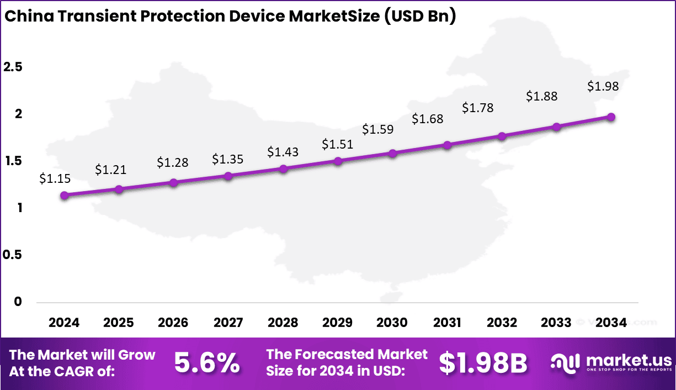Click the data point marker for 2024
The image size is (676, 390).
[65, 195]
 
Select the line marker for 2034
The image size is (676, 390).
[611, 117]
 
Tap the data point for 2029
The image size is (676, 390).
[338, 161]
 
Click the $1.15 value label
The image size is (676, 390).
[55, 178]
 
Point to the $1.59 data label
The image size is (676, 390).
[378, 129]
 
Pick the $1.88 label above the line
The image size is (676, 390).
[541, 96]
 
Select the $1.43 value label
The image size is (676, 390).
[283, 151]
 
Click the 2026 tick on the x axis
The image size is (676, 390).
[173, 323]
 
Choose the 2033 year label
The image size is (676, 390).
[556, 323]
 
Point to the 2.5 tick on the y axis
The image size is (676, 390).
[13, 67]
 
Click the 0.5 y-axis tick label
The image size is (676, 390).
[13, 255]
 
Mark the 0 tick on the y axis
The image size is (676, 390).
[18, 302]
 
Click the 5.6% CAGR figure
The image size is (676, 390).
[207, 363]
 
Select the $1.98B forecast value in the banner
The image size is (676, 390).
[483, 363]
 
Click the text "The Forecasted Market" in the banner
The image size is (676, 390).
[347, 354]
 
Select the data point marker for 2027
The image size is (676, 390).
[228, 176]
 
